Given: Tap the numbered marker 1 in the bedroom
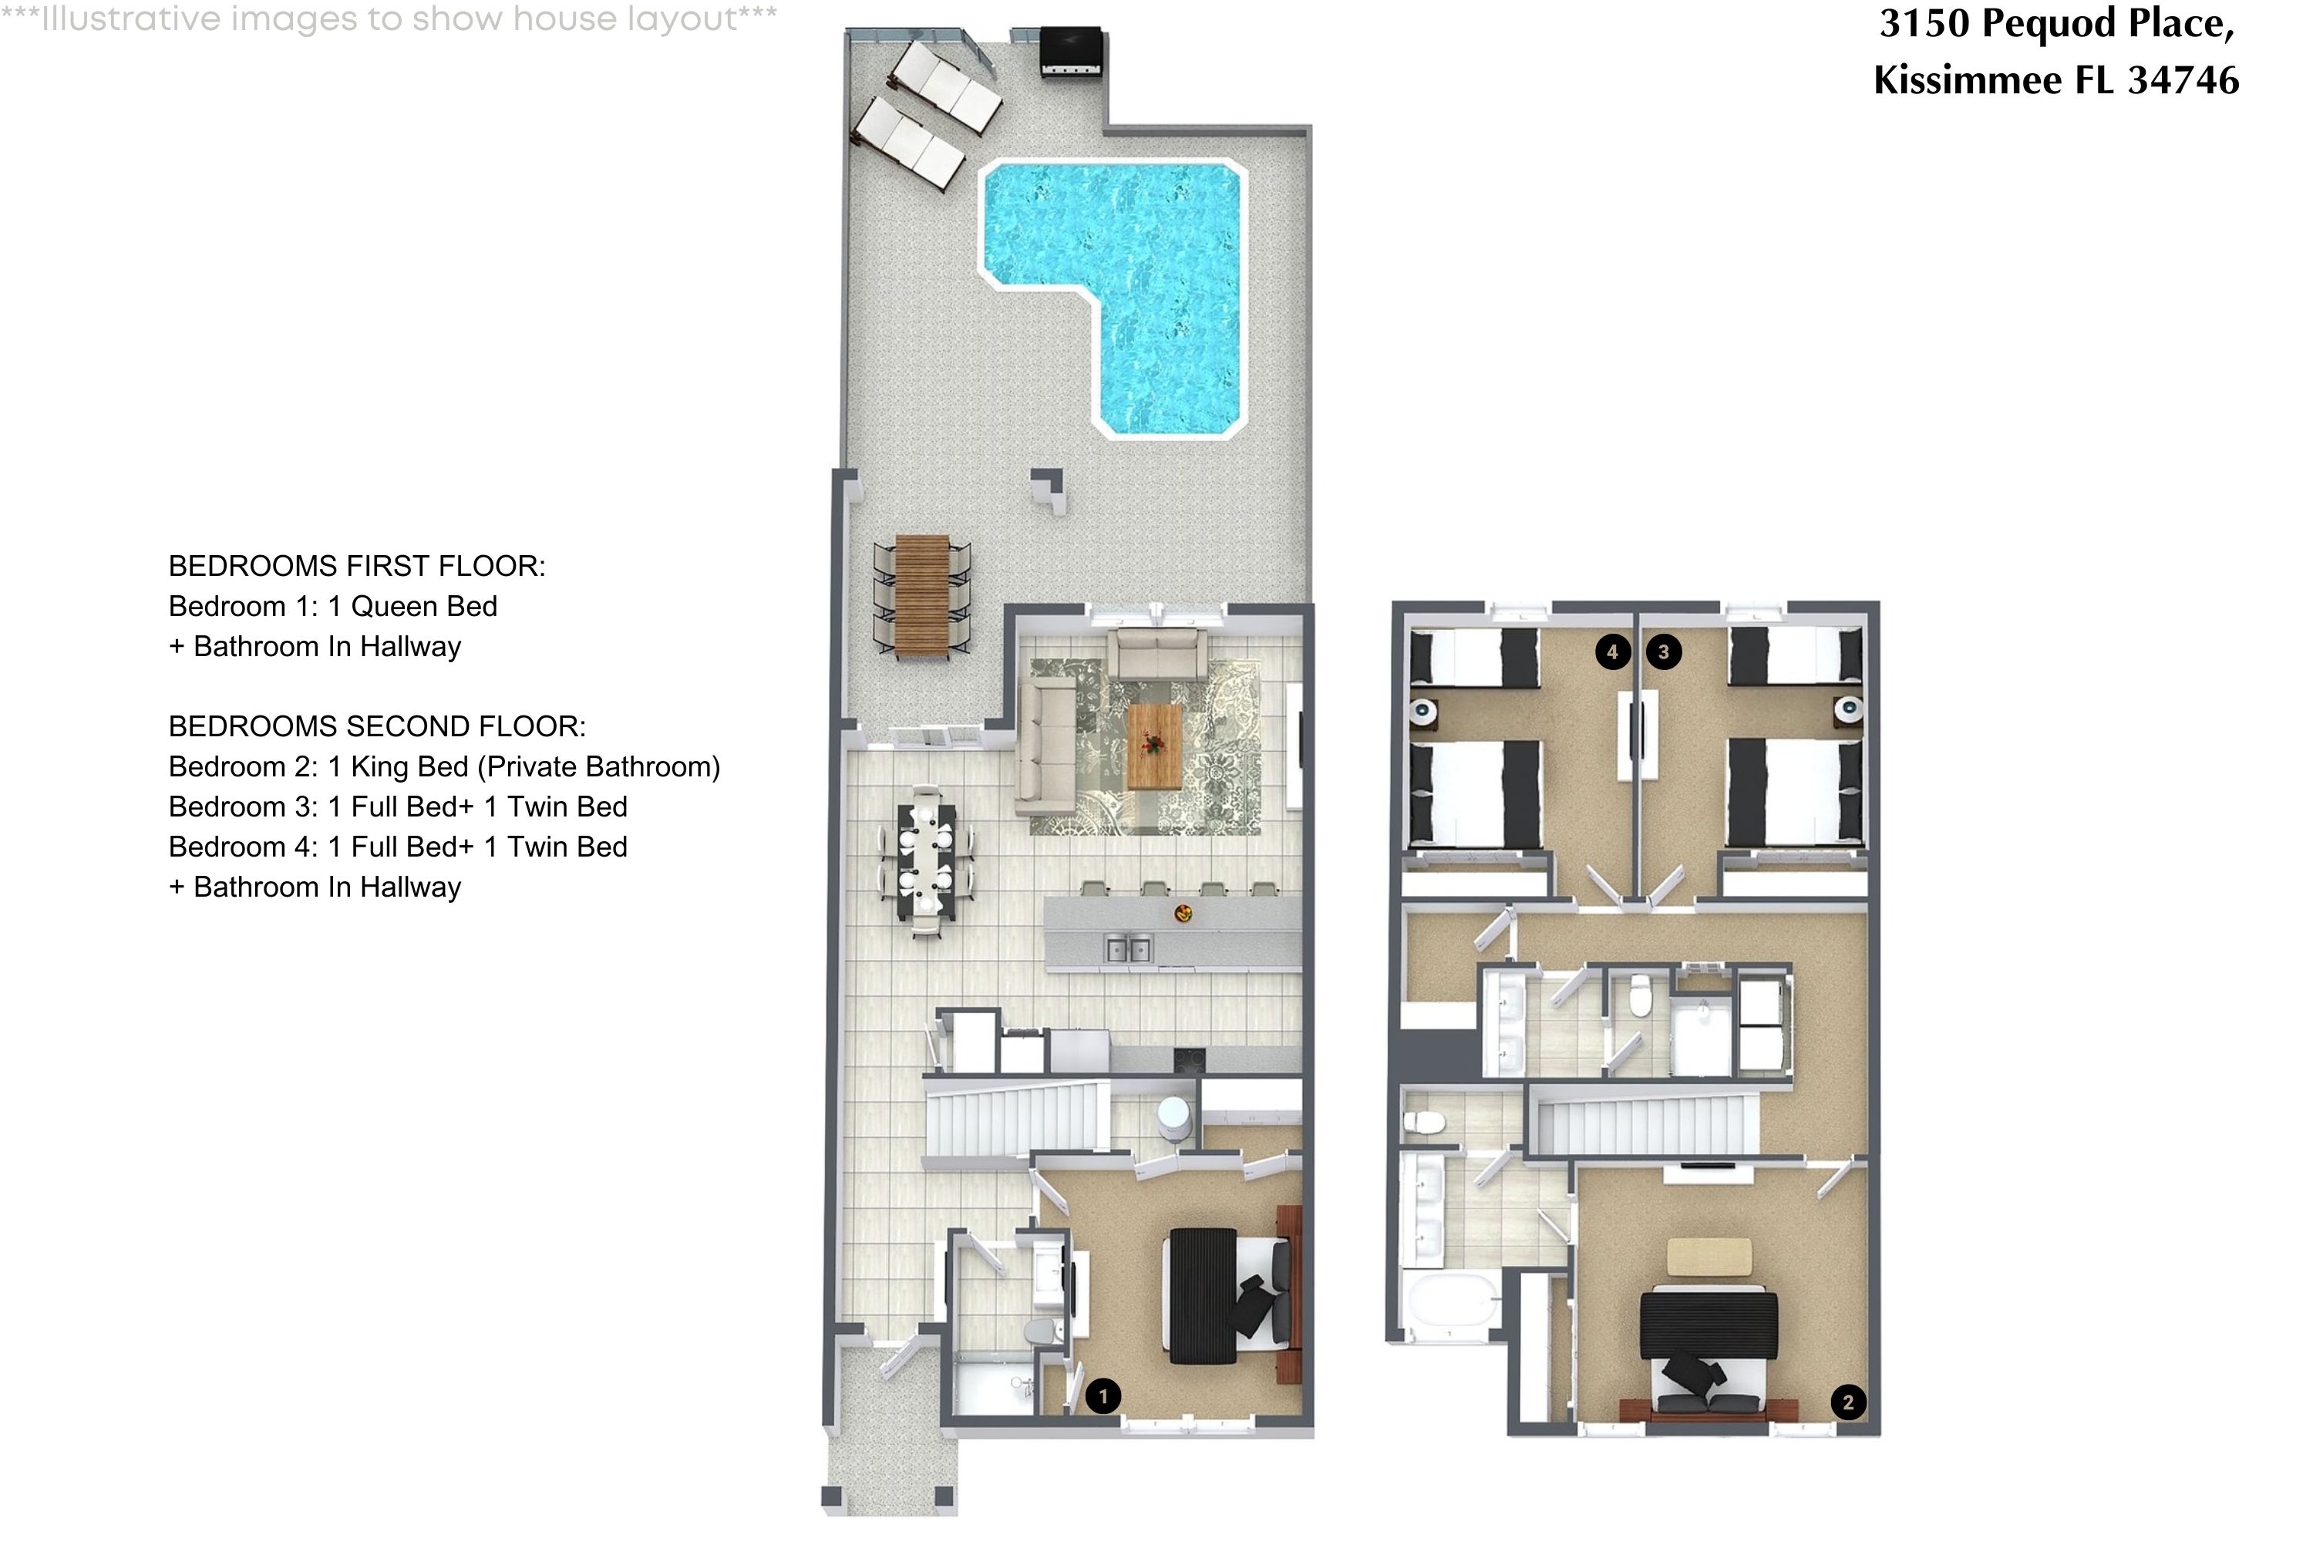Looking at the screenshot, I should (1103, 1396).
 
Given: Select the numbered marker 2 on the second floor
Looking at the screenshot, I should (1848, 1402).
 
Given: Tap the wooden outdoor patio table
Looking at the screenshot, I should (921, 596).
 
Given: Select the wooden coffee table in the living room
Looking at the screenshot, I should (1153, 746).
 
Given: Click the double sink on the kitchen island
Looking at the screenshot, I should (1128, 949).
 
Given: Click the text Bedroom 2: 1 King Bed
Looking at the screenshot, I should (318, 766).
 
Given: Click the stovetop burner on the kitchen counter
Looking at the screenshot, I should (1188, 1059).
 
